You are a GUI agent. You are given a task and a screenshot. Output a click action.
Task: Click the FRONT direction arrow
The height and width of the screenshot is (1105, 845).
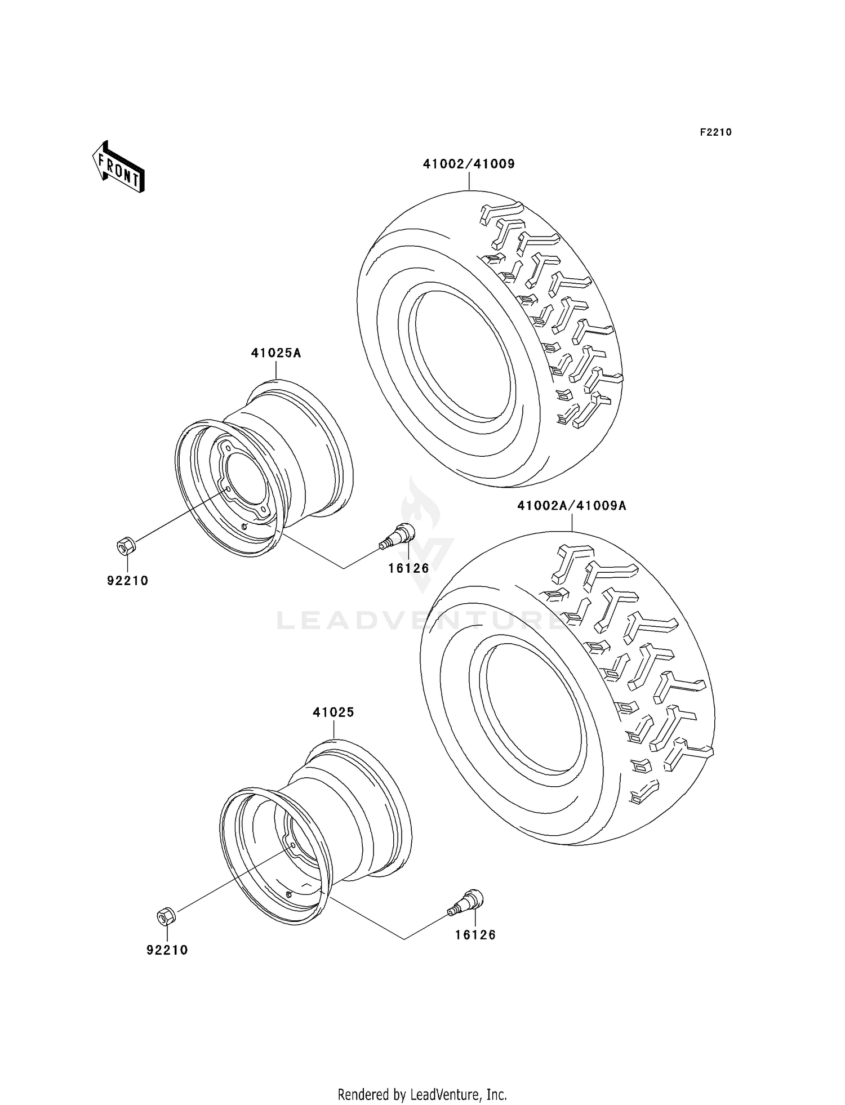tap(119, 167)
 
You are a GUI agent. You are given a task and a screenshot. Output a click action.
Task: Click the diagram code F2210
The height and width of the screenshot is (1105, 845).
tap(715, 132)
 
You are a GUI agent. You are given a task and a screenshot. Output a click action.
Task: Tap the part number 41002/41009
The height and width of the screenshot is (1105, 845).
tap(469, 164)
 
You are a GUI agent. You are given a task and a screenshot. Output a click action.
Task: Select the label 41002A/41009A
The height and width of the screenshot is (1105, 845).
tap(572, 506)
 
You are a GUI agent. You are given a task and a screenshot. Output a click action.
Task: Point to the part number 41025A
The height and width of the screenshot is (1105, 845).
tap(276, 353)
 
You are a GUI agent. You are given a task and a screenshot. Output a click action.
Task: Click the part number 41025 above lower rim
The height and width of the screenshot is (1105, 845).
tap(333, 712)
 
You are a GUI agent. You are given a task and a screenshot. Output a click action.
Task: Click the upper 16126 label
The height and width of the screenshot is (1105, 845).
tap(408, 568)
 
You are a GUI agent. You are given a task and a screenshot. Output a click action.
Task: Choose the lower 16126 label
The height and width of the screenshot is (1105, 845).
tap(475, 935)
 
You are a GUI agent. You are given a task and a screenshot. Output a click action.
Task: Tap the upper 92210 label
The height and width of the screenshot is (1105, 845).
tap(128, 581)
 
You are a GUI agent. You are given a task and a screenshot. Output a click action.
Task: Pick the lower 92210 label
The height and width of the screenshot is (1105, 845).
tap(167, 950)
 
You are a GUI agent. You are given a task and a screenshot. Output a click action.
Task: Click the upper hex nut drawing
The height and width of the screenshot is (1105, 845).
tap(125, 545)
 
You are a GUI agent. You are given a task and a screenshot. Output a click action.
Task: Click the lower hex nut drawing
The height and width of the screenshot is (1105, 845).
tap(166, 916)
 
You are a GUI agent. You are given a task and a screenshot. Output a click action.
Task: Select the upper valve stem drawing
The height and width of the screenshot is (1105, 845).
tap(398, 535)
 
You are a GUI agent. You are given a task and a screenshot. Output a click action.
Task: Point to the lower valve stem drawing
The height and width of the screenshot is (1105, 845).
tap(466, 902)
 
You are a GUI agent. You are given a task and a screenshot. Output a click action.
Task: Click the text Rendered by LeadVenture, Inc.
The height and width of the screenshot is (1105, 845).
tap(422, 1094)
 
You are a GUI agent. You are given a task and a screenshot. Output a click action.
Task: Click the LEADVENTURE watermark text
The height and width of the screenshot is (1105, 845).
tap(420, 621)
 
